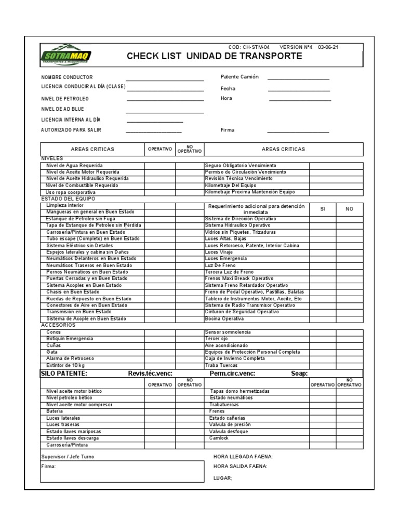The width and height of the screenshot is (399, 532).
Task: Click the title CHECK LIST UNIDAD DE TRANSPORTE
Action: pyautogui.click(x=214, y=56)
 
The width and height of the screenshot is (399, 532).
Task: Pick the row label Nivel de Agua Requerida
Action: pyautogui.click(x=75, y=165)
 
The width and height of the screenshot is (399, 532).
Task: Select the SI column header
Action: pyautogui.click(x=323, y=208)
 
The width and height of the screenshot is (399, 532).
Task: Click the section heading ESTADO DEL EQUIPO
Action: pyautogui.click(x=68, y=198)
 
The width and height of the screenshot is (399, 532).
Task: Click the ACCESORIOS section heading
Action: pyautogui.click(x=58, y=325)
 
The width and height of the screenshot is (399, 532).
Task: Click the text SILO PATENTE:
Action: pyautogui.click(x=64, y=374)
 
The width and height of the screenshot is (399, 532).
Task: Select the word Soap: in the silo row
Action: pyautogui.click(x=299, y=374)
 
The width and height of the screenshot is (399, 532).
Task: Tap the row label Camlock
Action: pyautogui.click(x=219, y=438)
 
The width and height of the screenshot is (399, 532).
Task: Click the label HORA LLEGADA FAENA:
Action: pyautogui.click(x=243, y=457)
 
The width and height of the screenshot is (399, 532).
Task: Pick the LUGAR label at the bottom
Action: pyautogui.click(x=223, y=478)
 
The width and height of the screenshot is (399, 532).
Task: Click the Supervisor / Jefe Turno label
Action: pyautogui.click(x=68, y=457)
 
